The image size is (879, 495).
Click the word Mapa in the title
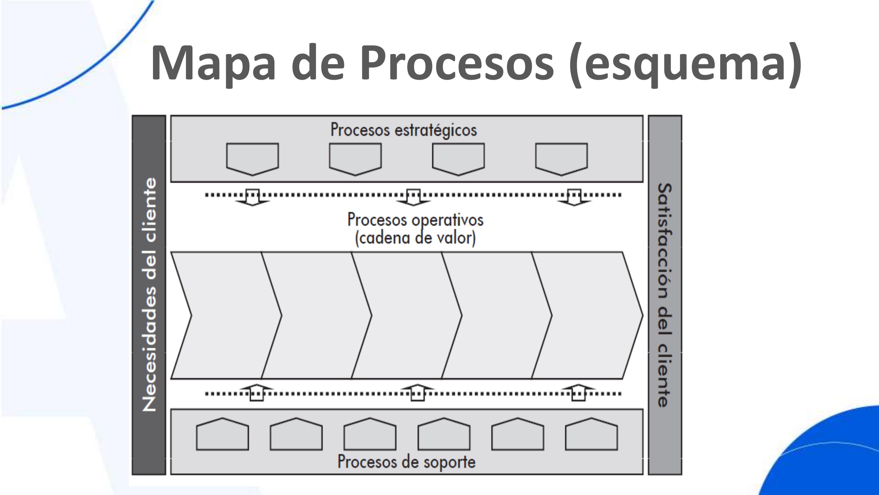(x=213, y=63)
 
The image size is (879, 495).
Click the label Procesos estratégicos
(x=403, y=130)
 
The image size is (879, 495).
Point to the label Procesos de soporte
(x=406, y=462)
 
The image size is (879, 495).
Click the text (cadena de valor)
(x=415, y=238)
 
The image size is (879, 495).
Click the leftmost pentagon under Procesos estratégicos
(x=253, y=158)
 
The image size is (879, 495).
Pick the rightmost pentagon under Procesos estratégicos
(x=561, y=158)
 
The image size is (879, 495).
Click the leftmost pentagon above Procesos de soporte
(x=222, y=435)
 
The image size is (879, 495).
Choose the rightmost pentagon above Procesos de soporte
(x=591, y=435)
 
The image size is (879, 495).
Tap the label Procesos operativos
(x=415, y=220)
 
